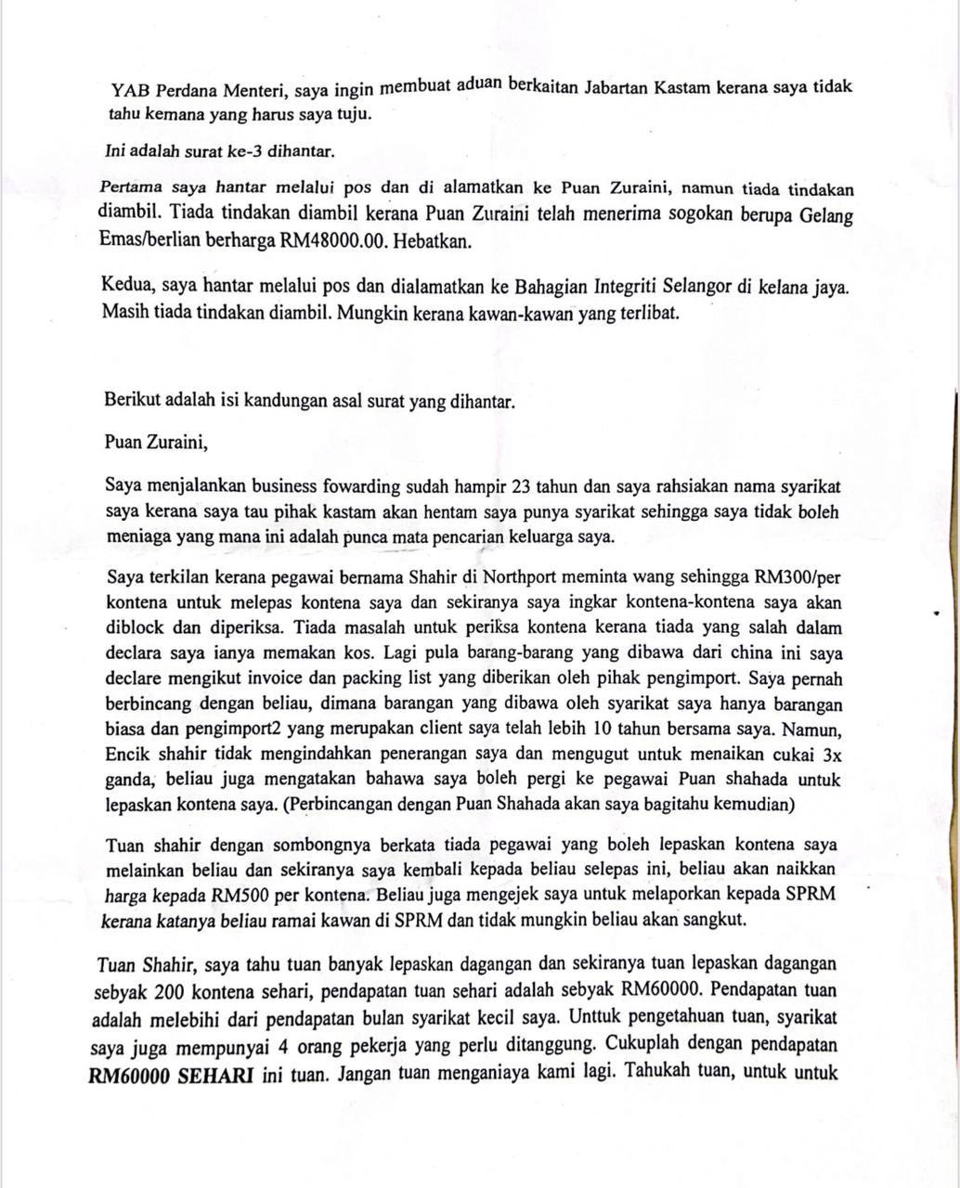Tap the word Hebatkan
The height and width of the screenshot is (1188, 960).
(x=433, y=240)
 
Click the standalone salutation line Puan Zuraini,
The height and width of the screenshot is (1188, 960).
(x=157, y=442)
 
